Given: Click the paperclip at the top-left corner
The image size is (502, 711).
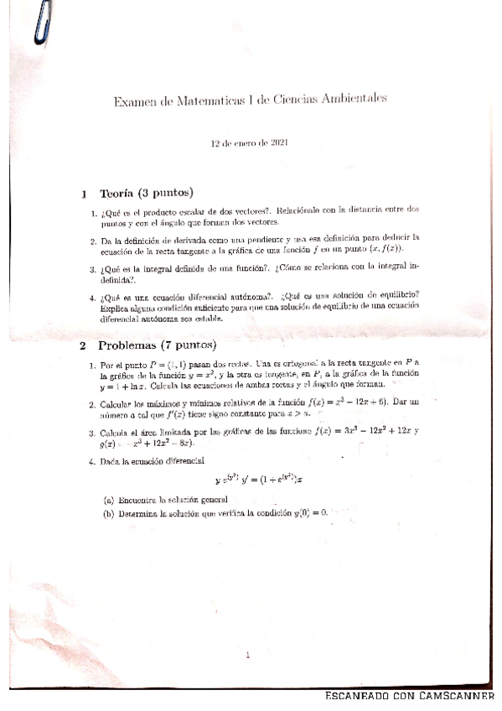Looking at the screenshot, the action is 42,23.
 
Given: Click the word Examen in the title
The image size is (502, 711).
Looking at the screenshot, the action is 133,101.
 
